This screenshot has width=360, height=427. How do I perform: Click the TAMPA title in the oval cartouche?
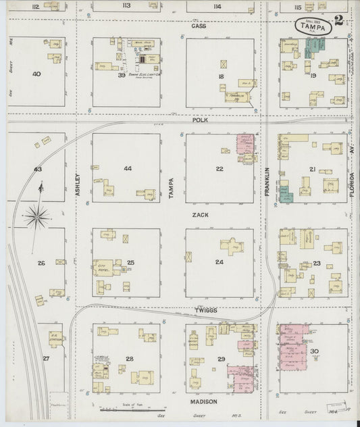(315, 28)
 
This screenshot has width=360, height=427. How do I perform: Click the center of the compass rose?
(38, 217)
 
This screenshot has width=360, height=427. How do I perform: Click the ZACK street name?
(200, 214)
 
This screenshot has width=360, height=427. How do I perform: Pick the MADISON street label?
(203, 401)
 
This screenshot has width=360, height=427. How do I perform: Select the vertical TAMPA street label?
(171, 176)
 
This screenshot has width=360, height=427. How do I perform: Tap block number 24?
(219, 262)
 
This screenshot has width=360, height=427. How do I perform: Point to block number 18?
(220, 78)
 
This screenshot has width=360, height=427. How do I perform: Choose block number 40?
(36, 74)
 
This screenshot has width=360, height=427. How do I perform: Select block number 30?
(314, 351)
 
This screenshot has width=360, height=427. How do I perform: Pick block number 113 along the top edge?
(126, 6)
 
